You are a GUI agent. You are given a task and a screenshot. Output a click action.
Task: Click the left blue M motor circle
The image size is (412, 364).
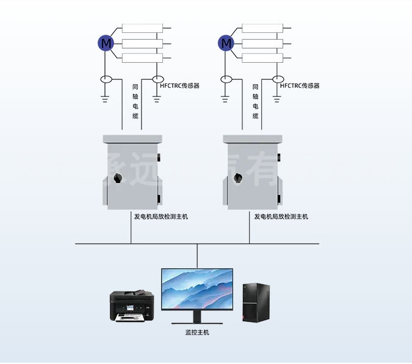tap(106, 43)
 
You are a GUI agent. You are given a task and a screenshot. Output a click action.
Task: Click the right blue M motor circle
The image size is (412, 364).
tap(226, 43)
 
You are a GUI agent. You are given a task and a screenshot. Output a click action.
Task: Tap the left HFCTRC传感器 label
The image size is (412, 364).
tap(180, 86)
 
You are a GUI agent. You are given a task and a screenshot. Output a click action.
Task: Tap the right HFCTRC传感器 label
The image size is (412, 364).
tap(300, 86)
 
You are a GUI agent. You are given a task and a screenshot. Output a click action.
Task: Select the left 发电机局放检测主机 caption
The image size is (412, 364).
tap(161, 216)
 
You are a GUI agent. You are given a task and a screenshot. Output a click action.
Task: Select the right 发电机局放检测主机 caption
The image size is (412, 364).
tap(281, 216)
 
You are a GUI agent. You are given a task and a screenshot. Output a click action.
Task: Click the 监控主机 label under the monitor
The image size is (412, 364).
tap(197, 332)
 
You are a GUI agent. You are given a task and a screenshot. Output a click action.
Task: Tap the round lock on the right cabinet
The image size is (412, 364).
tap(239, 179)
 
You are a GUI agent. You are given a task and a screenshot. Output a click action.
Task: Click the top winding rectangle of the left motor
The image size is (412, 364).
tap(143, 28)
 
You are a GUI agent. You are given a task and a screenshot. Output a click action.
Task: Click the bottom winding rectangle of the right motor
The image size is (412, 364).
tap(262, 58)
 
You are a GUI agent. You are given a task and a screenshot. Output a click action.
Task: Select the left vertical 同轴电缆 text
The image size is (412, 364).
tap(136, 101)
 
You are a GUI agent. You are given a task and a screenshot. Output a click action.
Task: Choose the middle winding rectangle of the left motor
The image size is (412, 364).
tap(143, 43)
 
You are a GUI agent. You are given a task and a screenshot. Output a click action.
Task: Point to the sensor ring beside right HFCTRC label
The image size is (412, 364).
tap(278, 79)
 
